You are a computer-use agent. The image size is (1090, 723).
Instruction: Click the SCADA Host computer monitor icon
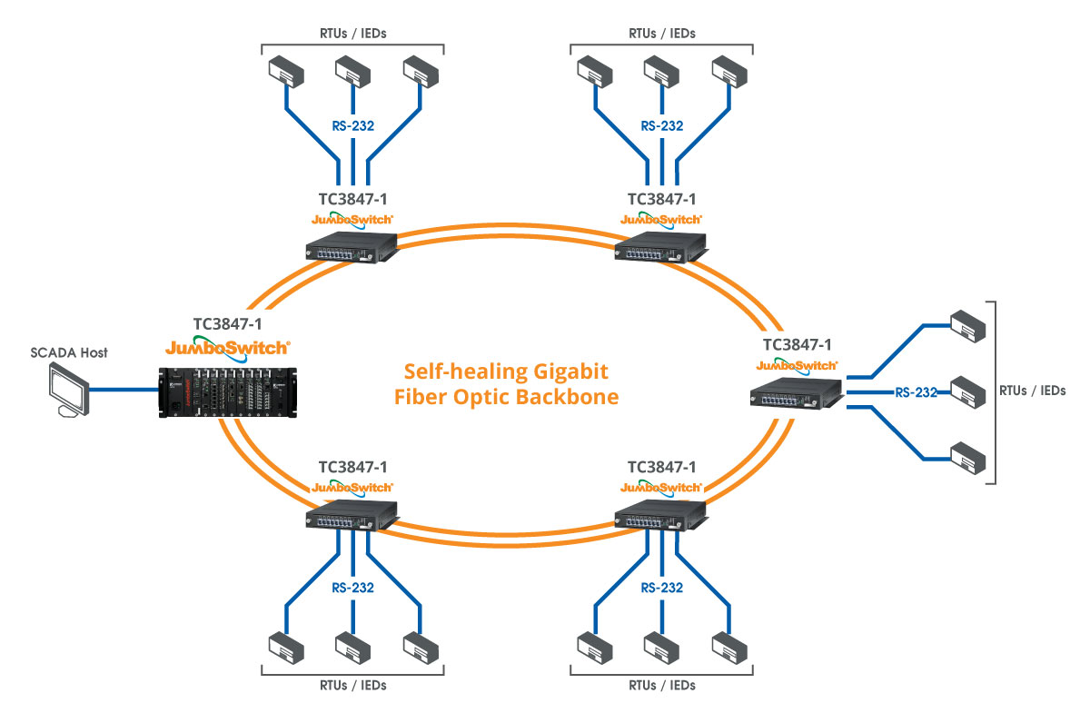click(69, 390)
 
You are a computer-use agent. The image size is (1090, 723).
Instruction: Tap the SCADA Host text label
click(69, 352)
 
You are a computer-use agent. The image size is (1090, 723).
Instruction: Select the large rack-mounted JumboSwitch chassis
click(228, 392)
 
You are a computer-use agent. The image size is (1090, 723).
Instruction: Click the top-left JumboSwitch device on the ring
click(352, 247)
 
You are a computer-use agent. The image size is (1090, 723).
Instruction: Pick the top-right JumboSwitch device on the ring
click(660, 247)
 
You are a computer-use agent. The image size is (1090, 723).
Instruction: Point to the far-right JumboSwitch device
click(796, 393)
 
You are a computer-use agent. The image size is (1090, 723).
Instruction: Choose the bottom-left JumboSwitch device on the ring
click(352, 515)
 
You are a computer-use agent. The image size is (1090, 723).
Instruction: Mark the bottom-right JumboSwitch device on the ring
click(660, 515)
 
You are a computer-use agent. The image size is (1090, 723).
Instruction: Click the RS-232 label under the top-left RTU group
click(352, 126)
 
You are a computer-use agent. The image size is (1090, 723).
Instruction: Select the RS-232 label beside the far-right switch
click(916, 392)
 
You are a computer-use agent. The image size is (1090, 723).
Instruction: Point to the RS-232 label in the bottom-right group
click(662, 588)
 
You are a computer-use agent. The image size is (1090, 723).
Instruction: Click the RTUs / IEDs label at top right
click(662, 34)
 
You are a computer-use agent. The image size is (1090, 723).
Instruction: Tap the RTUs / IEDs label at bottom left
click(352, 686)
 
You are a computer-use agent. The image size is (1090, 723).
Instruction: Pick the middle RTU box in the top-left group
click(352, 72)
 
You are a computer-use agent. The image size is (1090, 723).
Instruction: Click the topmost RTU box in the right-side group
click(968, 326)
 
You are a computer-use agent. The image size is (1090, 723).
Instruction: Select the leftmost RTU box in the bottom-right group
click(595, 648)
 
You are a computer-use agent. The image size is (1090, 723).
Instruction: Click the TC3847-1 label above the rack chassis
click(227, 324)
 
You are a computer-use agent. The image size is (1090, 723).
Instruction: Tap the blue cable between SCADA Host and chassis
click(124, 390)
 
